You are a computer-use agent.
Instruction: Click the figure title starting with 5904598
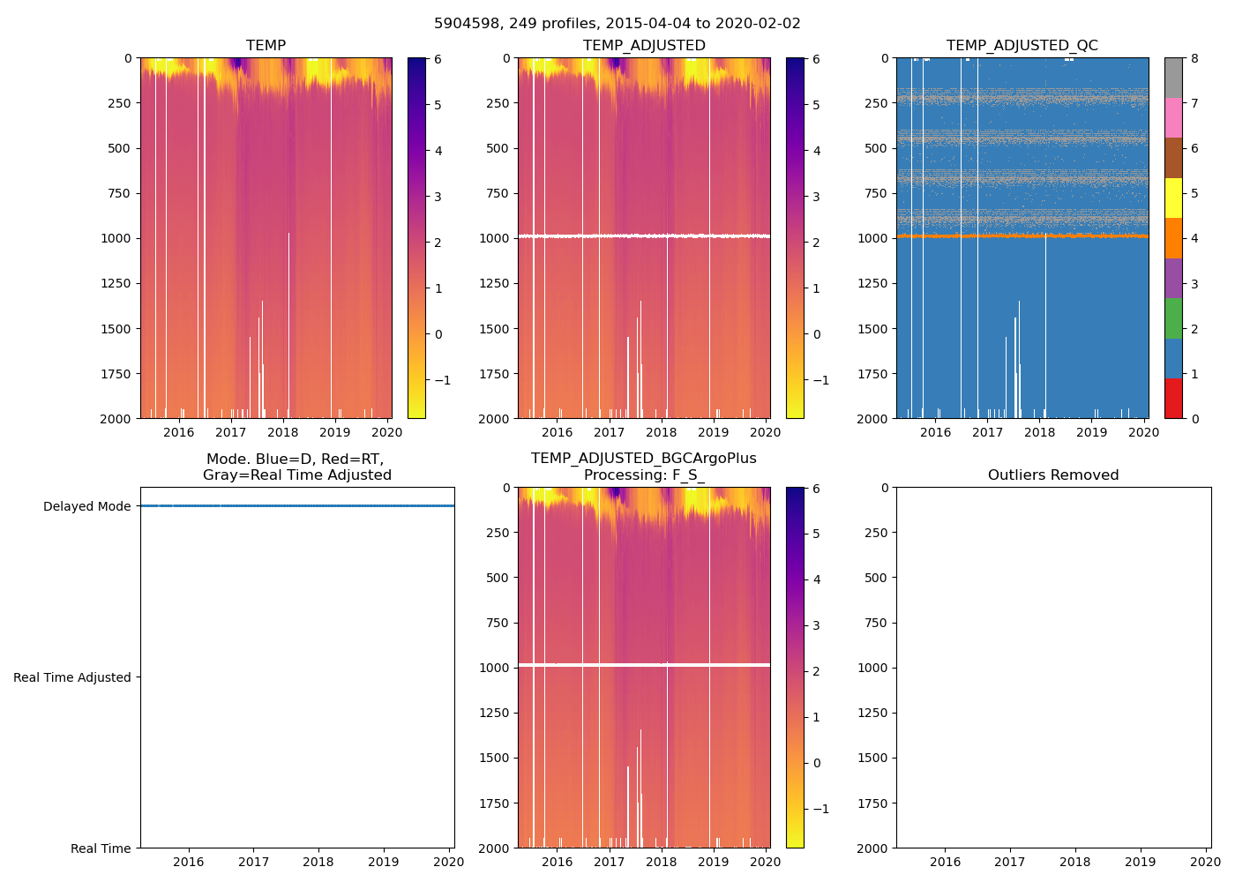[617, 24]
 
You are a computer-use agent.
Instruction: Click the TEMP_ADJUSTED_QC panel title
[1022, 46]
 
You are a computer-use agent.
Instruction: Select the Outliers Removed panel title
[1052, 475]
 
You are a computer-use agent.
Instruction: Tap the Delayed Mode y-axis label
[86, 506]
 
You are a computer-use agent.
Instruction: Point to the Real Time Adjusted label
[71, 677]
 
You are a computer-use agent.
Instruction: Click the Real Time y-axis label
[101, 848]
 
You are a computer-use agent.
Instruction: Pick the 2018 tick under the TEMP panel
[283, 432]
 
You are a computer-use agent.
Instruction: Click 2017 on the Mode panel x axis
[253, 862]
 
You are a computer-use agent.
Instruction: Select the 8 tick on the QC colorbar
[1195, 58]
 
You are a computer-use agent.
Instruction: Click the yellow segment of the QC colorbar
[1173, 198]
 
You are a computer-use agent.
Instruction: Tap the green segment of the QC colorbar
[1173, 318]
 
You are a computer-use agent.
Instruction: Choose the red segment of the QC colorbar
[1173, 399]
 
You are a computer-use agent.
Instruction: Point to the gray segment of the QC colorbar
[1173, 78]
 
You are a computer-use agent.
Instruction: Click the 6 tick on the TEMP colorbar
[438, 59]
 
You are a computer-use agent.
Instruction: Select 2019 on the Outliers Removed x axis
[1141, 862]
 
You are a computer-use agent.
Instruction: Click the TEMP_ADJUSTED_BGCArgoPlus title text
[643, 459]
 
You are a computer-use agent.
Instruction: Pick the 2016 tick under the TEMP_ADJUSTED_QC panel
[936, 432]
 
